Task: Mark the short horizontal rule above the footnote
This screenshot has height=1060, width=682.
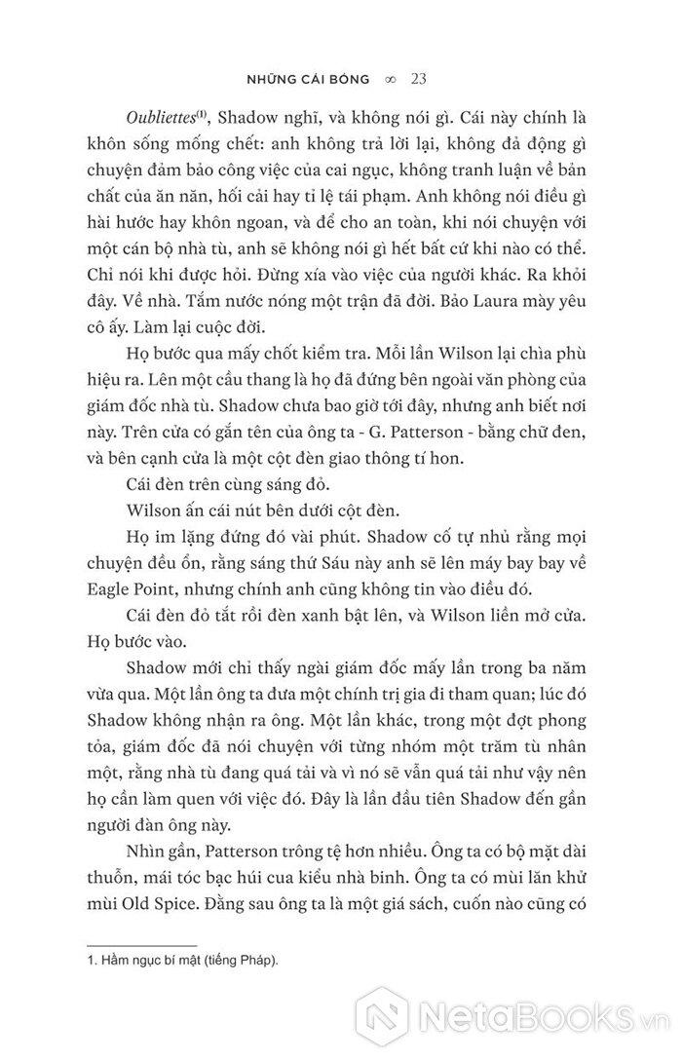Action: click(x=143, y=945)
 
